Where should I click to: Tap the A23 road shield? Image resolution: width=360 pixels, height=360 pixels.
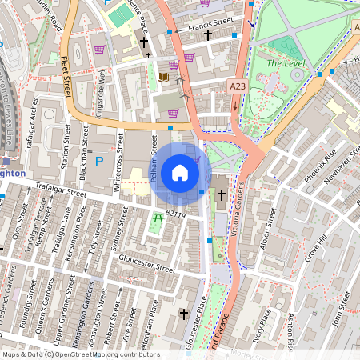coord(237,86)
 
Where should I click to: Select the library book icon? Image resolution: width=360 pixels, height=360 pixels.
coord(163,77)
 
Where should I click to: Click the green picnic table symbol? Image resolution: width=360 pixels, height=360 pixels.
coord(158,217)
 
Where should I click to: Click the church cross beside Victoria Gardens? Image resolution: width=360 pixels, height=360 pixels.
coord(221,194)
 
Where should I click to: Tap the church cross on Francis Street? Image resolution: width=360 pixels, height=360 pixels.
coord(208,35)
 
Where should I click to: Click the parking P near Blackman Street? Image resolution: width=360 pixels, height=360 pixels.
coord(100,161)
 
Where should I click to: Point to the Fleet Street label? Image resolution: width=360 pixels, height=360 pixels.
coord(66,71)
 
